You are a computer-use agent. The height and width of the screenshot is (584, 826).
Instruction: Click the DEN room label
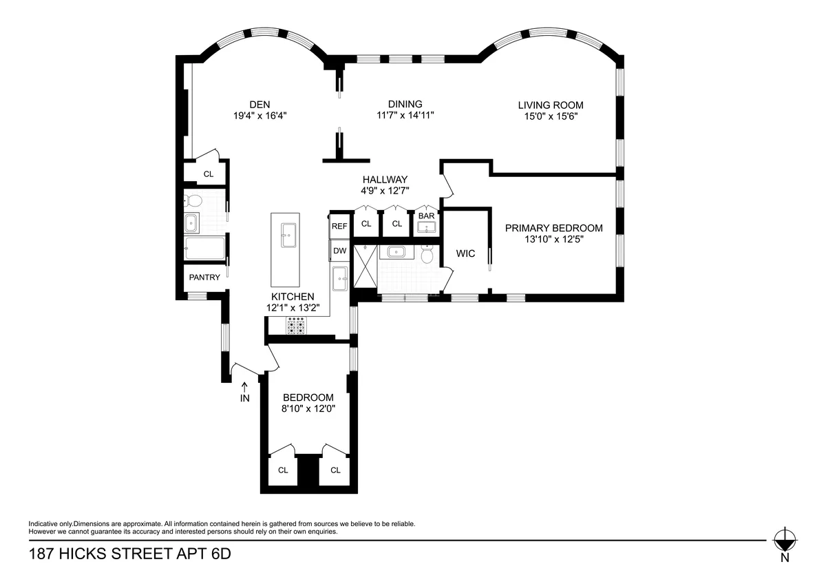click(260, 105)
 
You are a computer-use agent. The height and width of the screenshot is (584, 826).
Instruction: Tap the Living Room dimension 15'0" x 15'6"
click(551, 116)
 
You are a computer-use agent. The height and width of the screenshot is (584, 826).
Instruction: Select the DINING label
click(405, 104)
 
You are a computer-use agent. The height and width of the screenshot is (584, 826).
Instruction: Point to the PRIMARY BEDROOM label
click(553, 228)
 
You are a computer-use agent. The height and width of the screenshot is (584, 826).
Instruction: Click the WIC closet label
click(465, 253)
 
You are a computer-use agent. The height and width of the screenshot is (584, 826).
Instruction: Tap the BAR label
click(427, 216)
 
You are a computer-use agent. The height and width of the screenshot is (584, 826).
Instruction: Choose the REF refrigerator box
click(339, 226)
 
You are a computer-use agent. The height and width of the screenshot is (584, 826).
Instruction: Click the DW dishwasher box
click(339, 251)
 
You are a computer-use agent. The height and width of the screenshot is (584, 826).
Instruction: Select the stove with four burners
click(296, 326)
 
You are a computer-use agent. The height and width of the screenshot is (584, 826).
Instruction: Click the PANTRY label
click(204, 278)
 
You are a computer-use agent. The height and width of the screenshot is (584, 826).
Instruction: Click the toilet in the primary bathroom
click(427, 255)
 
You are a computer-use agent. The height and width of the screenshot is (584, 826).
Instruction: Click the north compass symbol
click(784, 539)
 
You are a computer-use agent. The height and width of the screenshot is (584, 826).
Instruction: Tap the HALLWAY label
click(385, 179)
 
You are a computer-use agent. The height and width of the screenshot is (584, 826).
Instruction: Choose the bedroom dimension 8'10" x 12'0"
click(308, 408)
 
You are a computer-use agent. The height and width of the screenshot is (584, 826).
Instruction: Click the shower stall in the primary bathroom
click(365, 265)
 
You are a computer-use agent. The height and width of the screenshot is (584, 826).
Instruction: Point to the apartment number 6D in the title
click(218, 554)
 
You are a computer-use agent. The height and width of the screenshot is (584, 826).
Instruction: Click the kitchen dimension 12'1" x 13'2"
click(293, 308)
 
